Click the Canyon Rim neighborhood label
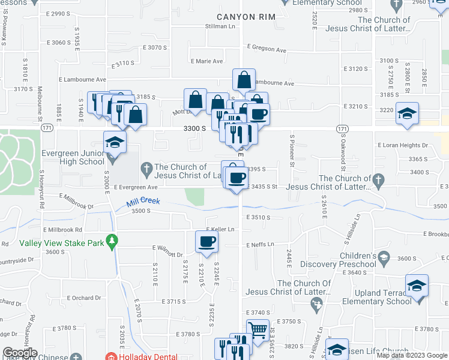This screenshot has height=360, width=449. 246,16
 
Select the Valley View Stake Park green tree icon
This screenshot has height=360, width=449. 112,241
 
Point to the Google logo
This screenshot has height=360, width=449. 20,353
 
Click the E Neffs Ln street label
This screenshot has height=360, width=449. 259,244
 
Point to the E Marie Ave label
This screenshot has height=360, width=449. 207,61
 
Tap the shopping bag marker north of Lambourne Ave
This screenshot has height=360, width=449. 244,80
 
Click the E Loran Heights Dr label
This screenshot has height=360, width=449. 402,145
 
